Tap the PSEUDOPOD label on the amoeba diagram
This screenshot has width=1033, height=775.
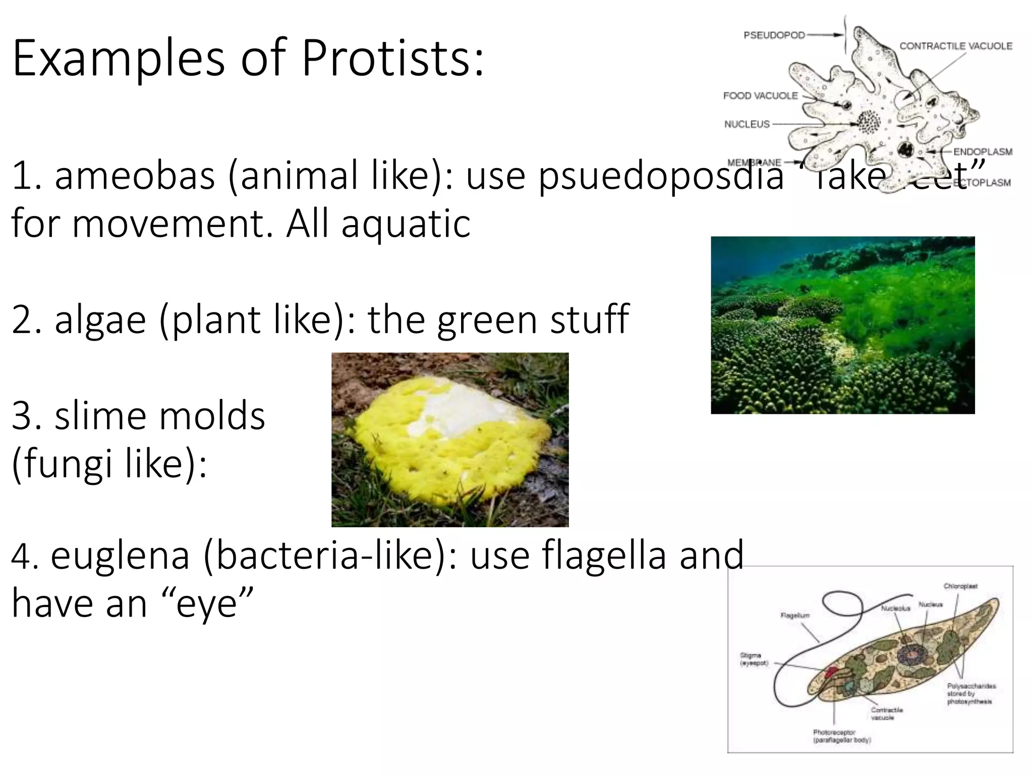coord(774,35)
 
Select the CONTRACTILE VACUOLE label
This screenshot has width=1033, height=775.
coord(955,46)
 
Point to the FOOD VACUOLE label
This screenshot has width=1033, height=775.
coord(760,95)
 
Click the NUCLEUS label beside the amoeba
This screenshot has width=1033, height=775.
coord(747,124)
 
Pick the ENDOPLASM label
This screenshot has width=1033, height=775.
coord(982,152)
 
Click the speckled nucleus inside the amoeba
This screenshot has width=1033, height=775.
coord(869,122)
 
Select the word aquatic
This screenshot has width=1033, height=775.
coord(406,224)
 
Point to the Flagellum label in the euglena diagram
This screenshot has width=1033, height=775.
coord(795,615)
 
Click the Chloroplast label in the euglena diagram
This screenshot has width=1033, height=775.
coord(960,586)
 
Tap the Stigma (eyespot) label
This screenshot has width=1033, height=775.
coord(753,659)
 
